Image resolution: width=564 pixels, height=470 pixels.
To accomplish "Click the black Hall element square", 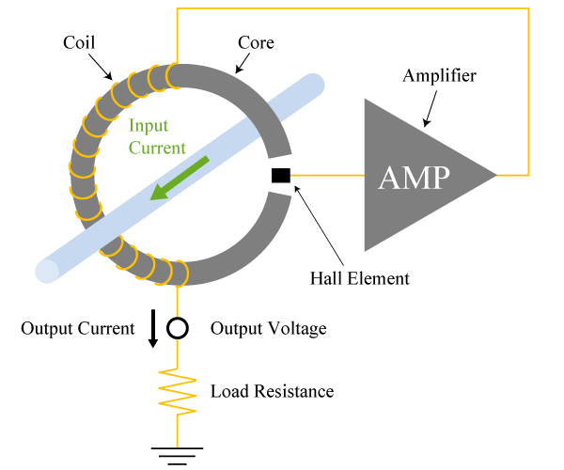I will [281, 175].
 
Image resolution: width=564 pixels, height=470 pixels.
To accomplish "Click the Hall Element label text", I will [360, 278].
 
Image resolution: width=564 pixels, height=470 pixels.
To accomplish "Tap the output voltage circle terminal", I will [178, 328].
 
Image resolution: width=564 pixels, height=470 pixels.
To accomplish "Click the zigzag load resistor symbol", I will [178, 391].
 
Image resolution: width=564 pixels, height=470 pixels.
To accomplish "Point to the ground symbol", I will [178, 456].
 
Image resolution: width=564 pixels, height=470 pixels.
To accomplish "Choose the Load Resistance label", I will [272, 391].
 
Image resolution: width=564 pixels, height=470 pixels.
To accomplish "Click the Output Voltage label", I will [268, 329].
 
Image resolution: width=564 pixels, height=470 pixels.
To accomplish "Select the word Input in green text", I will [149, 126].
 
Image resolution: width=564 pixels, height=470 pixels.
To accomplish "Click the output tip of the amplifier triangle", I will [494, 175].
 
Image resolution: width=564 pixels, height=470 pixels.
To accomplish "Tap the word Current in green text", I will [158, 148].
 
